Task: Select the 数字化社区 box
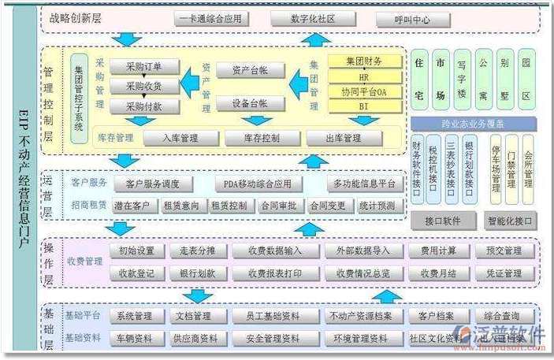pos(314,19)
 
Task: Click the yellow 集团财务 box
pos(364,61)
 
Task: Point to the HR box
pos(364,77)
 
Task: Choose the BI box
pos(364,105)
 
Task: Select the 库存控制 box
pos(260,139)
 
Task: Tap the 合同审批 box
pos(279,206)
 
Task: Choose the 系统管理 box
pos(135,317)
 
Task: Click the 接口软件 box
pos(442,221)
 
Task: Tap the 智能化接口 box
pos(510,221)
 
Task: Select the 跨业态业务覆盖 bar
pos(474,124)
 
